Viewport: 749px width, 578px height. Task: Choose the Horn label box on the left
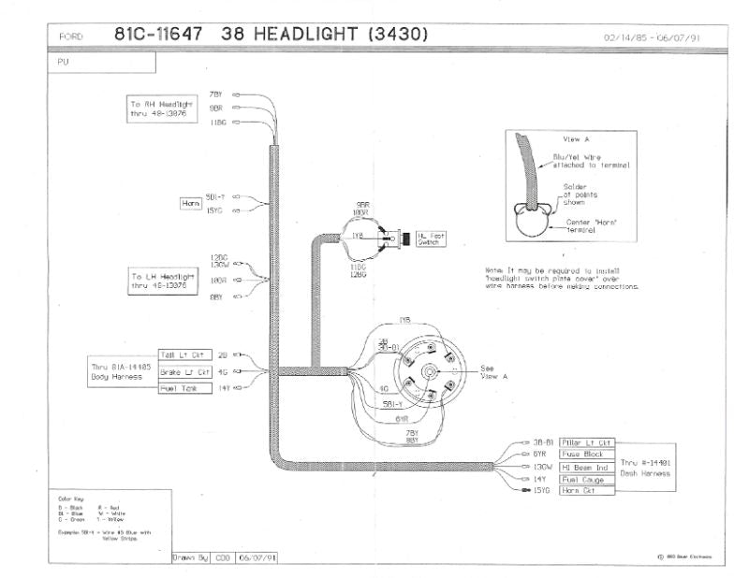190,202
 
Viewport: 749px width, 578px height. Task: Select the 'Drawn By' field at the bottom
191,557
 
